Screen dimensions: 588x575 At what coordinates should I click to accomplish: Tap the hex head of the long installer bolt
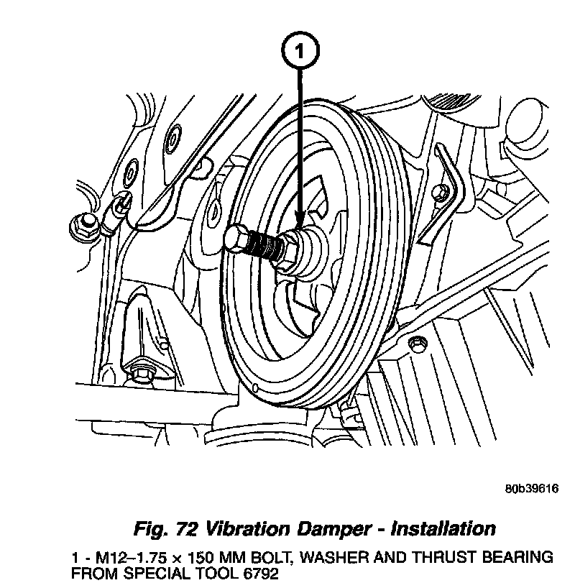click(236, 239)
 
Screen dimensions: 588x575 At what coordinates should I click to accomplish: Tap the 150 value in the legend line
click(178, 558)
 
